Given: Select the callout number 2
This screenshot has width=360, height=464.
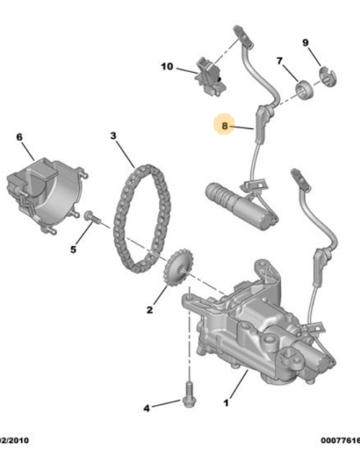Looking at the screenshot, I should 150,310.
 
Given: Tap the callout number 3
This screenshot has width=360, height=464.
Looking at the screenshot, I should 114,135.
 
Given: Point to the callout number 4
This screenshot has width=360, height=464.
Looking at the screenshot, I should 146,408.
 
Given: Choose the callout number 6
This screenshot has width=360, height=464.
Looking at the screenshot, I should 19,137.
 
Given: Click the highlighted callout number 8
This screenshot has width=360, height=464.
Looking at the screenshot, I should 225,126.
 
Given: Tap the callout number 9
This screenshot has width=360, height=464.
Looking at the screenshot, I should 305,42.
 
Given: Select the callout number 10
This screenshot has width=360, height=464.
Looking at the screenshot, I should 167,68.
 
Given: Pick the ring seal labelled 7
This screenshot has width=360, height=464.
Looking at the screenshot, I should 305,90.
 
